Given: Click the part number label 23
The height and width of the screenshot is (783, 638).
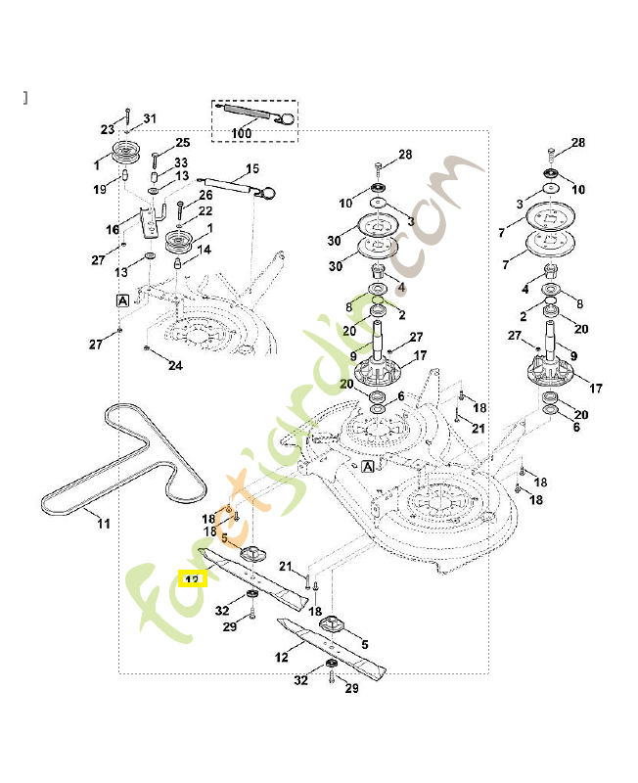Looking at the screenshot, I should tap(108, 129).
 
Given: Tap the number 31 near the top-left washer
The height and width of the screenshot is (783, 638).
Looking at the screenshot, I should tap(150, 119).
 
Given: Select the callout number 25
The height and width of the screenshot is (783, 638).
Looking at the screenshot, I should tap(182, 144).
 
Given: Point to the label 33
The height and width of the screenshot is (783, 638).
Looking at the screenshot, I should tap(181, 162).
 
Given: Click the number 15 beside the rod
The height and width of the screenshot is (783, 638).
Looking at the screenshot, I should tap(251, 168).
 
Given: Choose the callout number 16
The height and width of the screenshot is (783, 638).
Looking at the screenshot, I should tap(114, 228).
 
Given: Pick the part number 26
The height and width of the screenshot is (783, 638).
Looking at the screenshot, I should tap(205, 195).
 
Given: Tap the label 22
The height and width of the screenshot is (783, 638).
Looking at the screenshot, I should tap(205, 211).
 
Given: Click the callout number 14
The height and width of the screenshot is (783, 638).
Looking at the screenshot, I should tap(204, 251).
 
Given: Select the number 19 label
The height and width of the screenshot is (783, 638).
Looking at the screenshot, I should tap(100, 189).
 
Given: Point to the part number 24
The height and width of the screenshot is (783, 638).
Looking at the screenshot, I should tap(175, 366).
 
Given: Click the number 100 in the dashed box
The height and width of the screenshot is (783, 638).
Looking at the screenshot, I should tap(241, 133).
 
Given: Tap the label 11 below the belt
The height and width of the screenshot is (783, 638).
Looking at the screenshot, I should tap(104, 524).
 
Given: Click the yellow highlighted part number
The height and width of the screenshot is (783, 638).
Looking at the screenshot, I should tap(192, 578).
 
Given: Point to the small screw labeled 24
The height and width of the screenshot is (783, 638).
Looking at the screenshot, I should tap(145, 349).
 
